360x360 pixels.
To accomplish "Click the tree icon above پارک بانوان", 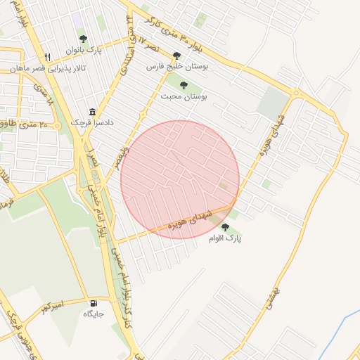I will pyautogui.click(x=84, y=39).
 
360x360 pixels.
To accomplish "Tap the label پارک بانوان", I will pyautogui.click(x=84, y=51).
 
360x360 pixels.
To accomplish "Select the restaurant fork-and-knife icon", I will pyautogui.click(x=47, y=58).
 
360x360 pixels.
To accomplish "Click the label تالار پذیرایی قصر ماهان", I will pyautogui.click(x=46, y=68).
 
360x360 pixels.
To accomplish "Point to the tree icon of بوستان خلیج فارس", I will pyautogui.click(x=176, y=56).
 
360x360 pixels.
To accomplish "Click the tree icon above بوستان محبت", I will pyautogui.click(x=184, y=85).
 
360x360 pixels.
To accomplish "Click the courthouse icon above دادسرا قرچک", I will pyautogui.click(x=92, y=112).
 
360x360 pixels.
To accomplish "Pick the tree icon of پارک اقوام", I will pyautogui.click(x=225, y=227).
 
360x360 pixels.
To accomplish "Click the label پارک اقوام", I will pyautogui.click(x=225, y=238).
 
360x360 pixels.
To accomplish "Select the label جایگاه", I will pyautogui.click(x=94, y=314).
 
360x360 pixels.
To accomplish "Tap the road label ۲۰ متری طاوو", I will pyautogui.click(x=34, y=124).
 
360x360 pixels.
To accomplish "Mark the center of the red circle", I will pyautogui.click(x=180, y=179).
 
